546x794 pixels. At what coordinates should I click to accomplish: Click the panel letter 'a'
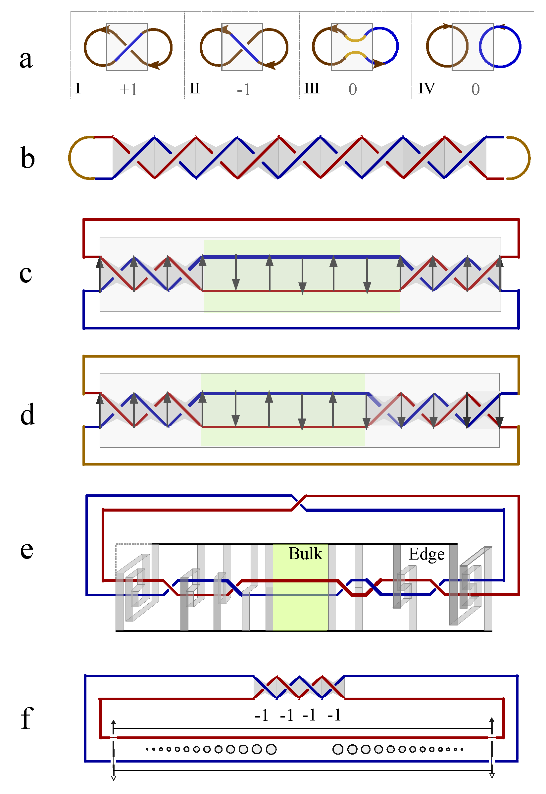pyautogui.click(x=26, y=59)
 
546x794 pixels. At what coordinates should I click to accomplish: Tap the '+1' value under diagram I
pyautogui.click(x=128, y=89)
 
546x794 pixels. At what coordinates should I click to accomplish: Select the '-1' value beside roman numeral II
pyautogui.click(x=244, y=90)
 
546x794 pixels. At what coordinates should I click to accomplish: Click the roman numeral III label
pyautogui.click(x=312, y=89)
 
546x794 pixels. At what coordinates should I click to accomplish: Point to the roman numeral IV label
pyautogui.click(x=426, y=89)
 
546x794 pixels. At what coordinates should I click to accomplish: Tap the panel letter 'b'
pyautogui.click(x=27, y=158)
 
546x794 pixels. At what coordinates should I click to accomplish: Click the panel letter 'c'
pyautogui.click(x=25, y=274)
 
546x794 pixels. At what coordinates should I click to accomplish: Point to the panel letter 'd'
pyautogui.click(x=27, y=414)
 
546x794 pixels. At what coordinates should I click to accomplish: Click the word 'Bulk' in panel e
pyautogui.click(x=305, y=554)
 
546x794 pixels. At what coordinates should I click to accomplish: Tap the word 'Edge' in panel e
pyautogui.click(x=426, y=554)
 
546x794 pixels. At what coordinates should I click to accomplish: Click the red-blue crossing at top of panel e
pyautogui.click(x=299, y=503)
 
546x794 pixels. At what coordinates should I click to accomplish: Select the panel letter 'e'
pyautogui.click(x=27, y=550)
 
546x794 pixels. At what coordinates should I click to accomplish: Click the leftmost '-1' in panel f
pyautogui.click(x=262, y=715)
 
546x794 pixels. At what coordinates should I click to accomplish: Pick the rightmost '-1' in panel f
pyautogui.click(x=334, y=715)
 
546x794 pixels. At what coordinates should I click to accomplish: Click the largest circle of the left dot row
pyautogui.click(x=271, y=749)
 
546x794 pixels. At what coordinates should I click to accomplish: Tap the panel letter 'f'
pyautogui.click(x=27, y=718)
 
